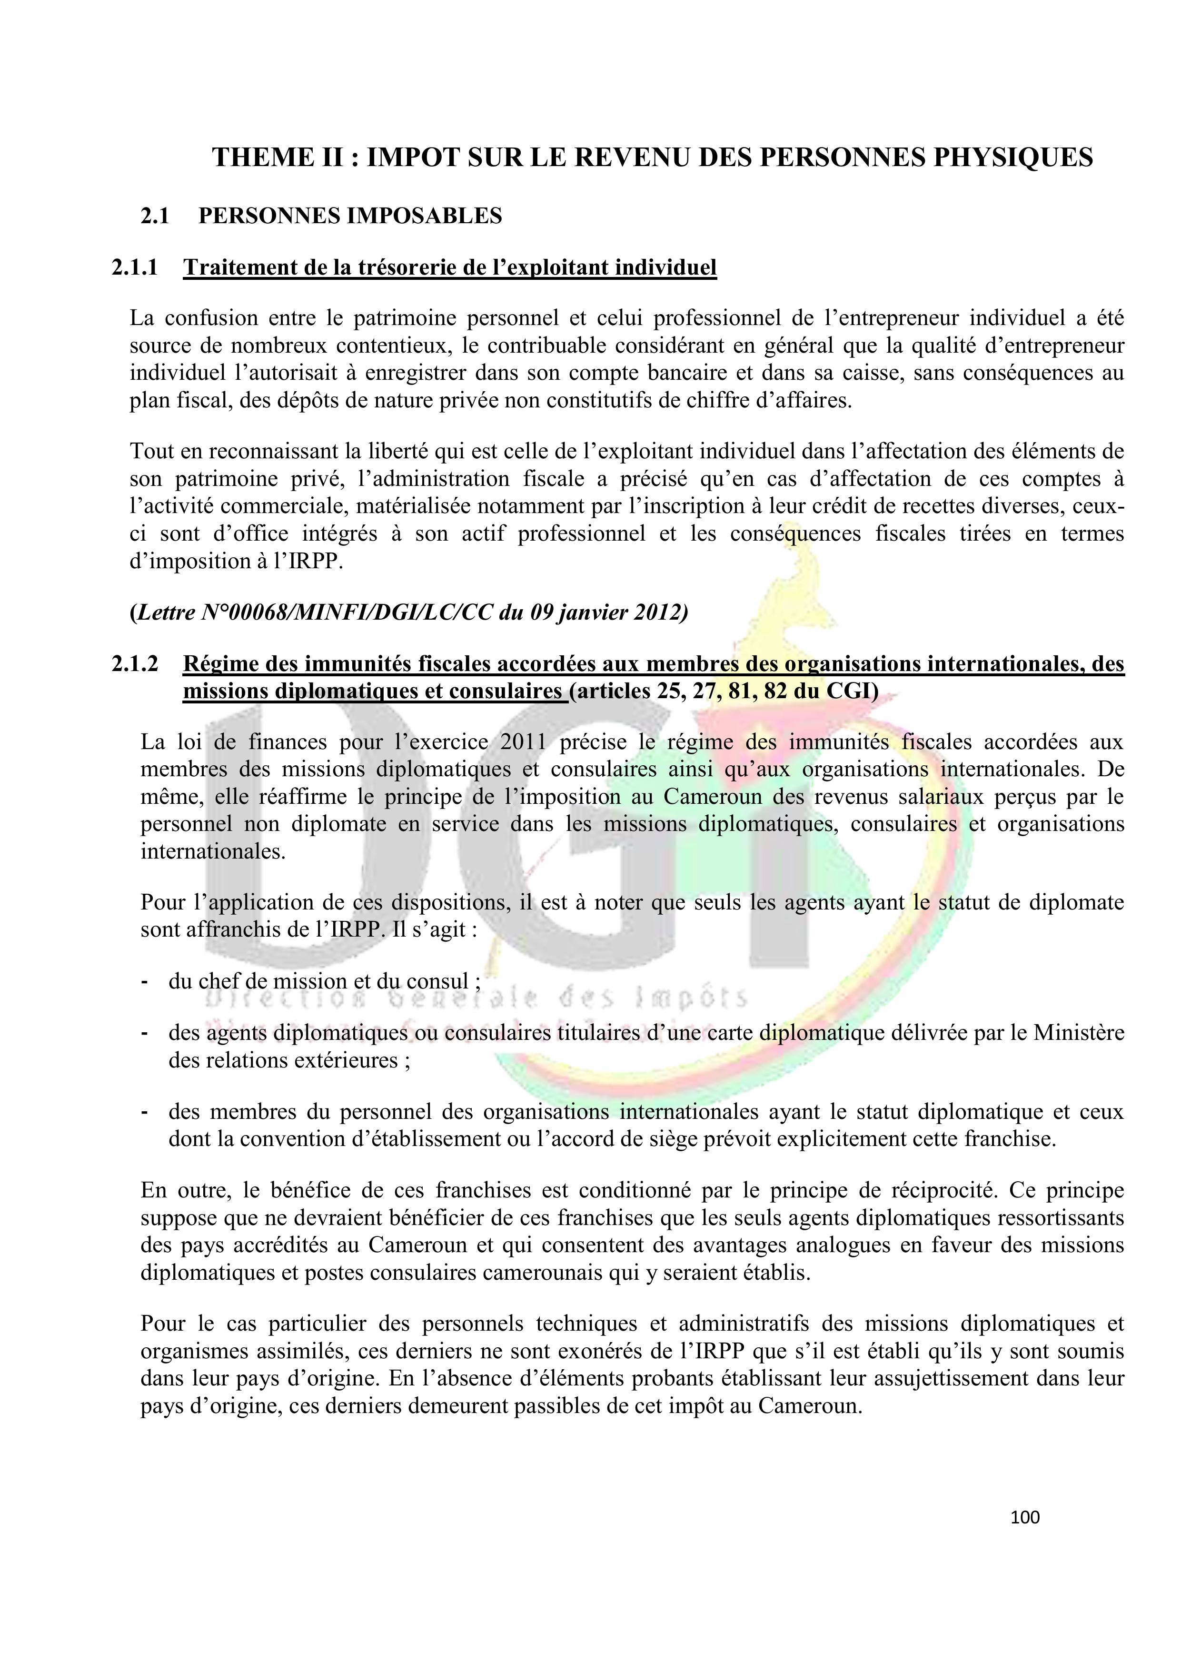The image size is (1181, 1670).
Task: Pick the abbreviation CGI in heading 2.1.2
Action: click(847, 691)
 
